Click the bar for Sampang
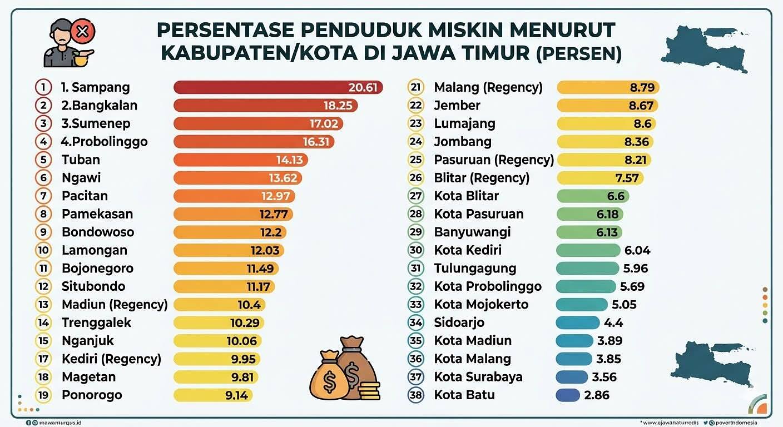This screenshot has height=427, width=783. [278, 87]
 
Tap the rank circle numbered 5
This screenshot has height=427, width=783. [43, 160]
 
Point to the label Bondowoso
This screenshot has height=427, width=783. [98, 232]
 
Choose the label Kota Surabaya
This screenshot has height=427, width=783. [478, 377]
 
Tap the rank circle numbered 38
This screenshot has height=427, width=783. [416, 395]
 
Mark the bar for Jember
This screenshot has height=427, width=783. [607, 106]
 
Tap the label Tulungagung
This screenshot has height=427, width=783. [475, 269]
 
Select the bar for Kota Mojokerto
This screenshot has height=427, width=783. [582, 305]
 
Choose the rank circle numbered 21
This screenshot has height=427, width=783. [416, 87]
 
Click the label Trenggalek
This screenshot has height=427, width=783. [96, 322]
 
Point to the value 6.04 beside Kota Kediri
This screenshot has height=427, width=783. [637, 250]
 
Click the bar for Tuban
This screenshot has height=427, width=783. [240, 160]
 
